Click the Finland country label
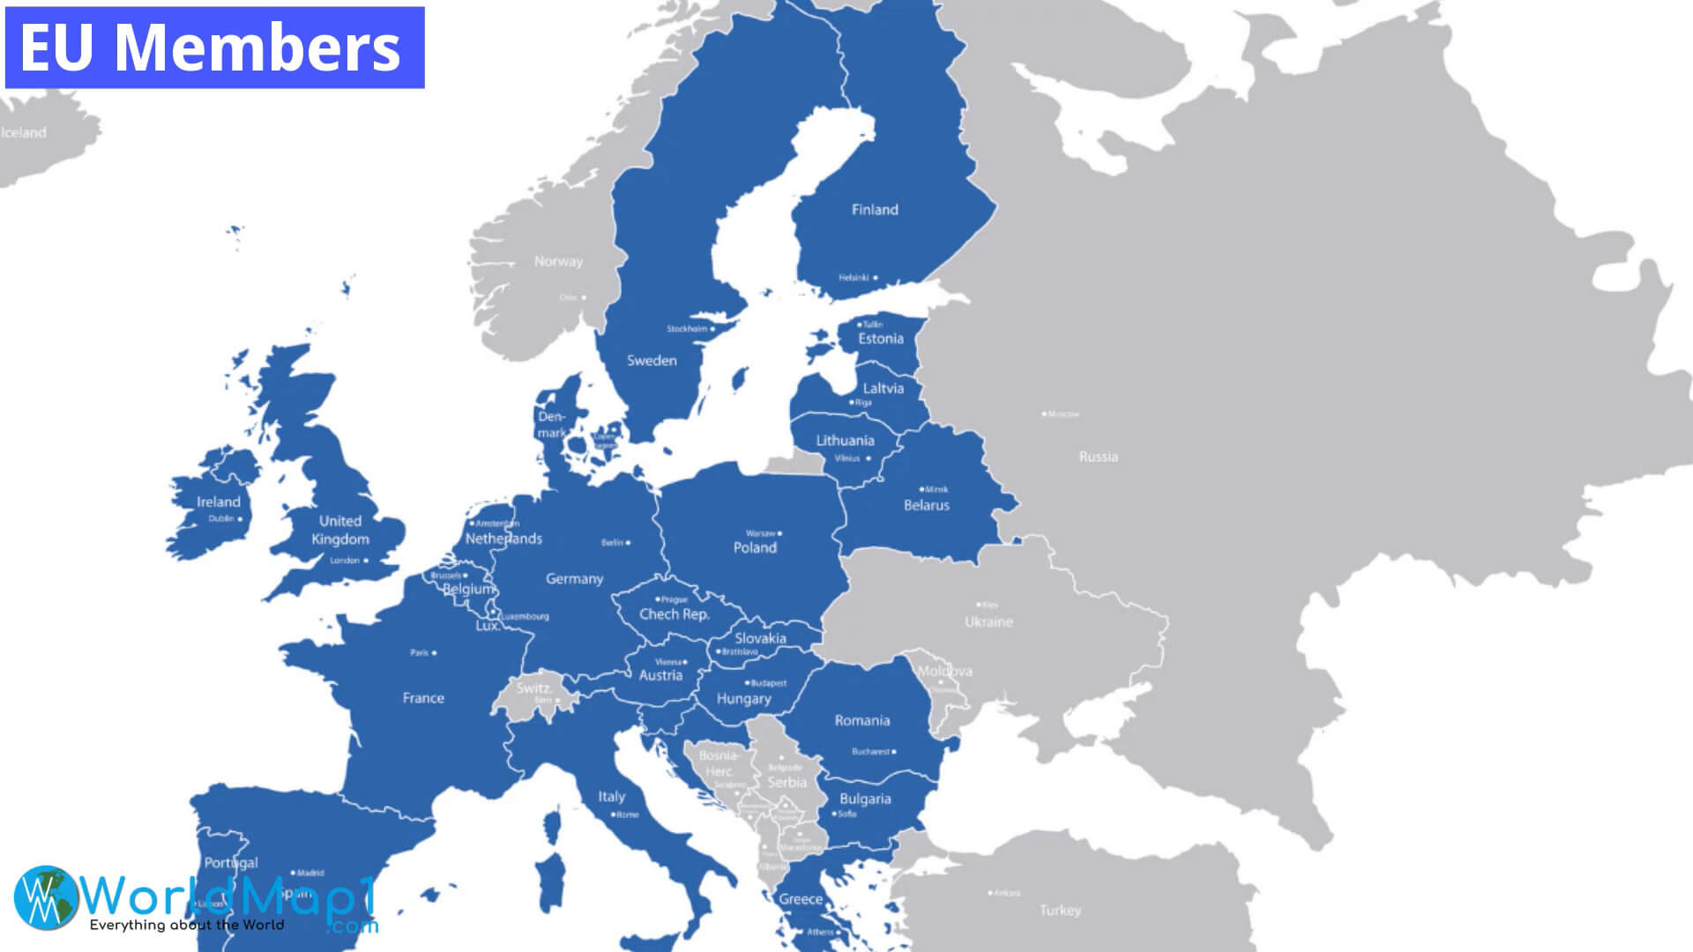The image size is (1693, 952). (x=875, y=210)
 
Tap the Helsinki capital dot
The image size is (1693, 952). (x=876, y=278)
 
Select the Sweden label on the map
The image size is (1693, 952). (x=652, y=361)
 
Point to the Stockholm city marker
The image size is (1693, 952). (x=714, y=330)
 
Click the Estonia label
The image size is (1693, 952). (x=881, y=339)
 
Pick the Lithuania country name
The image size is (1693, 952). (x=845, y=441)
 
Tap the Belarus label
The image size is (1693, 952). (x=927, y=506)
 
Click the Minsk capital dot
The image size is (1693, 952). (x=921, y=489)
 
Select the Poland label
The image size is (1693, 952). (x=755, y=547)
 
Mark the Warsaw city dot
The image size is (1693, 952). (x=779, y=533)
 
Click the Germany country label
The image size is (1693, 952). (x=574, y=579)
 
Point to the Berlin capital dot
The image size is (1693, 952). (x=628, y=543)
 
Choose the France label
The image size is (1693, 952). (x=423, y=698)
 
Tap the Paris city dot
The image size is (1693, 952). (x=434, y=653)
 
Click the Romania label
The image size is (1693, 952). (x=862, y=721)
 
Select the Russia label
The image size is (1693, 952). (x=1098, y=457)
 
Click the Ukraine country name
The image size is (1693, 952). (x=988, y=622)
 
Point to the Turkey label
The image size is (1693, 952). (x=1060, y=911)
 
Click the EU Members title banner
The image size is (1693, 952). (x=214, y=48)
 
